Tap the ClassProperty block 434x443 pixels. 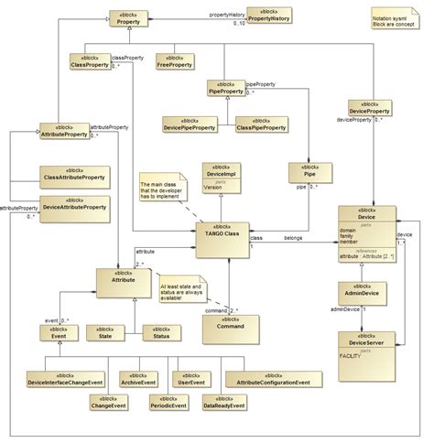pos(90,61)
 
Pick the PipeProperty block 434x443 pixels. pos(226,88)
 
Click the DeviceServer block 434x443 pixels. pos(366,353)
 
